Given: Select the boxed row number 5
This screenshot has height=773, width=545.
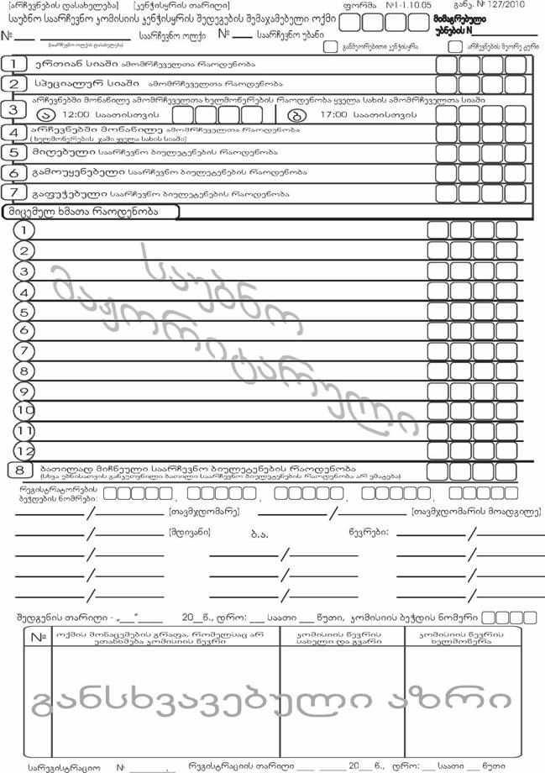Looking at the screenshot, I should coord(13,153).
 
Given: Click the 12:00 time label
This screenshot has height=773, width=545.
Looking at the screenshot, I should coord(76,114).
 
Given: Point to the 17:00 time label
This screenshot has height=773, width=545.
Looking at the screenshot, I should coord(335,114).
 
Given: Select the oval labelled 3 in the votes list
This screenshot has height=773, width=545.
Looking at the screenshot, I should coord(25,271).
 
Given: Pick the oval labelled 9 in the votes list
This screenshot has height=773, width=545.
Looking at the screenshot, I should coord(25,370).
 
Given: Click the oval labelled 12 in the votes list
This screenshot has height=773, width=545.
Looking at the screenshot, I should coord(25,450).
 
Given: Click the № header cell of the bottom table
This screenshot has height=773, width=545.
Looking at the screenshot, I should coord(39,638).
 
